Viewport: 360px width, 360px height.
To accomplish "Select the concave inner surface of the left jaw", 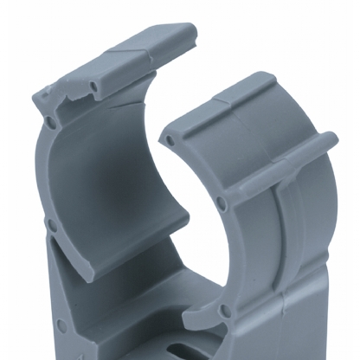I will (x=104, y=190).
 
